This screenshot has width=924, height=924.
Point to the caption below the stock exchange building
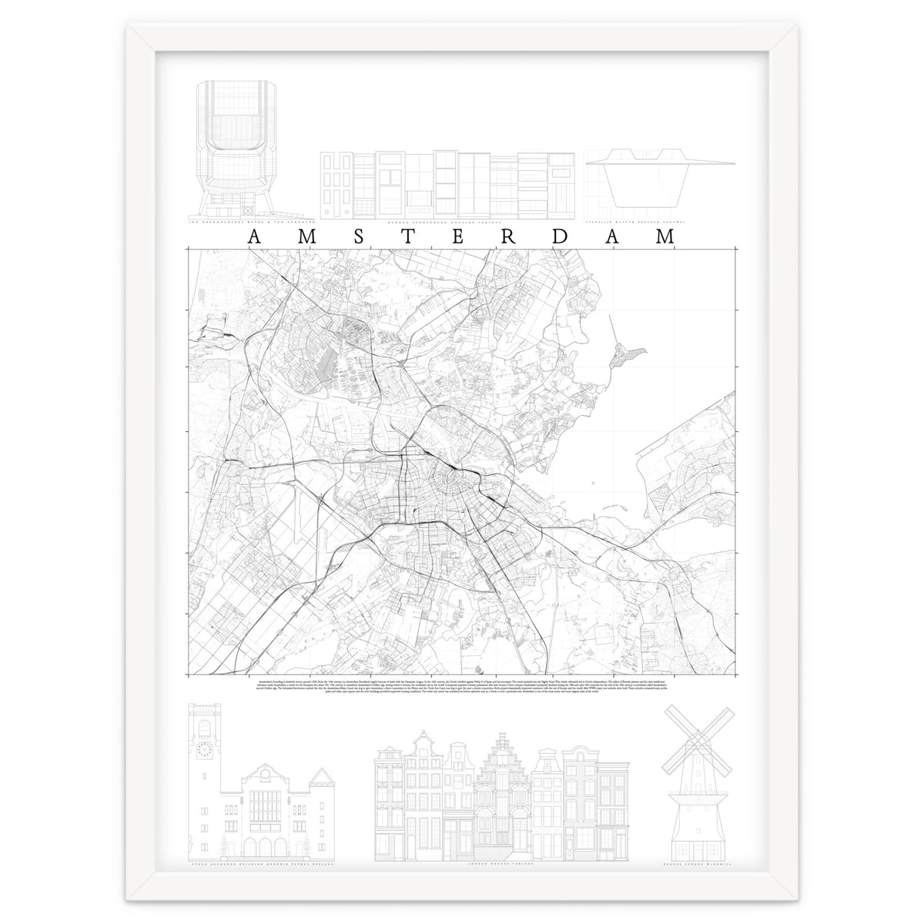254,865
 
